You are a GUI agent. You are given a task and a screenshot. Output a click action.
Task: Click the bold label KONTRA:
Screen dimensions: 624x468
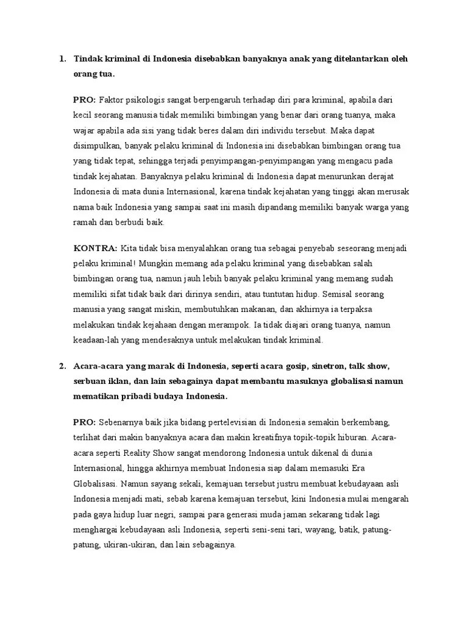(96, 249)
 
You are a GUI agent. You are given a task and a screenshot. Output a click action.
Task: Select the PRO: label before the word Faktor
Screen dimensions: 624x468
(84, 99)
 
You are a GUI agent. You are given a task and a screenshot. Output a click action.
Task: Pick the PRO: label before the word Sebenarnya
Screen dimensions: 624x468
(84, 422)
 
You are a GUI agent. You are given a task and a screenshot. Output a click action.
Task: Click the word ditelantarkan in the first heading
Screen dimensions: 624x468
(361, 59)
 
